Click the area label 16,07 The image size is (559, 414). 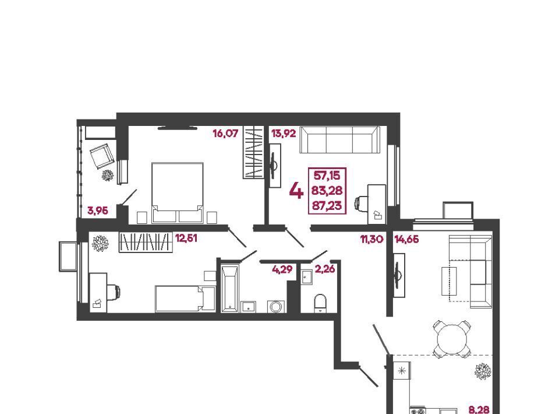click(x=225, y=134)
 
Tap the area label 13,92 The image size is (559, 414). click(x=284, y=134)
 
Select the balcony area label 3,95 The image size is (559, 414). click(x=98, y=210)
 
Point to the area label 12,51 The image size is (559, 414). click(x=186, y=238)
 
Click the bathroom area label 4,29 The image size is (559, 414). click(x=282, y=269)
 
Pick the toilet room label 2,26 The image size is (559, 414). click(x=325, y=269)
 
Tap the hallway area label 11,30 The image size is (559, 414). click(x=372, y=238)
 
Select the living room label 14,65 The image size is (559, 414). click(x=407, y=238)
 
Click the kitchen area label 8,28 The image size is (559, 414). click(x=479, y=409)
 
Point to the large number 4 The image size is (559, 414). click(x=296, y=191)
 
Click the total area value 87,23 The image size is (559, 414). click(x=327, y=206)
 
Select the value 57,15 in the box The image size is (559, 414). click(x=327, y=176)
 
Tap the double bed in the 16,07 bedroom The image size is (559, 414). click(x=178, y=193)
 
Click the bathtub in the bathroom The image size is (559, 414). click(x=229, y=289)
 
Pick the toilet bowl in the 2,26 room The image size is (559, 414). click(x=320, y=303)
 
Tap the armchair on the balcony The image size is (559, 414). click(x=101, y=156)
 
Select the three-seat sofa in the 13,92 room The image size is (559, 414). click(x=339, y=139)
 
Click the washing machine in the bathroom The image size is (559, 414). click(x=276, y=307)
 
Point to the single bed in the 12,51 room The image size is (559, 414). click(x=185, y=299)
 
